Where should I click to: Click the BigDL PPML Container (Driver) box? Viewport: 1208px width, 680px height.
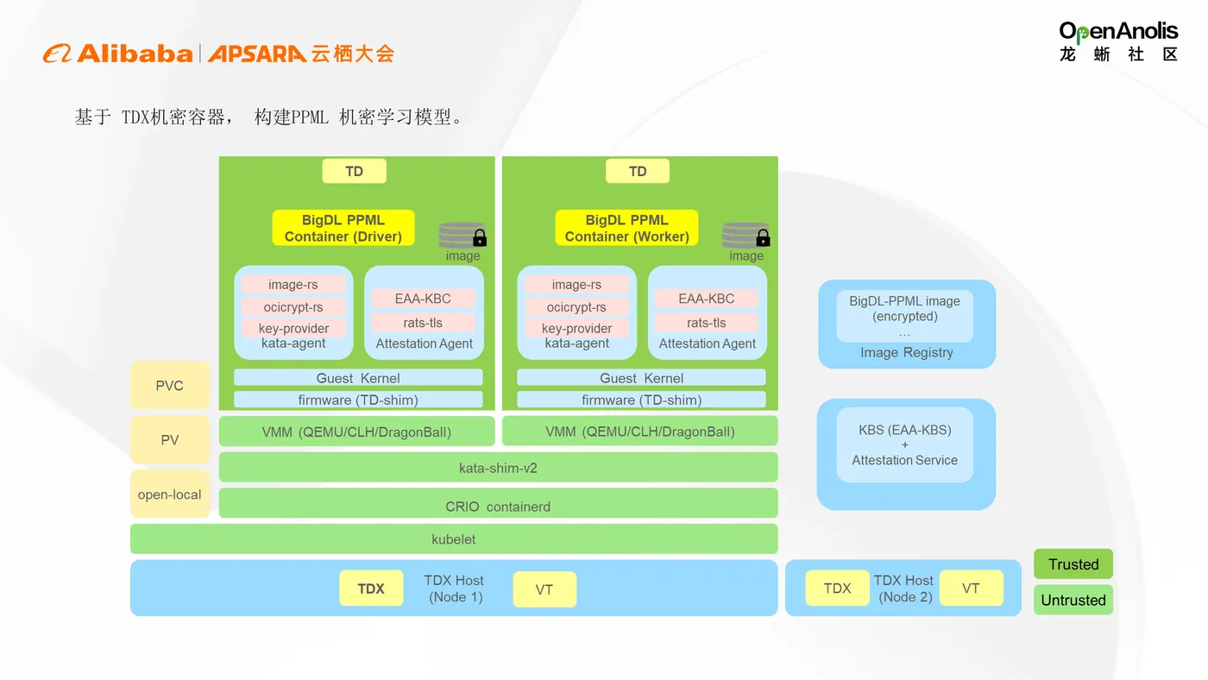[343, 228]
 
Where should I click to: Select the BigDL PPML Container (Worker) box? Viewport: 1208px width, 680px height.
[626, 228]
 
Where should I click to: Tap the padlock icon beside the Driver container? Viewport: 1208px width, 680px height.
[480, 237]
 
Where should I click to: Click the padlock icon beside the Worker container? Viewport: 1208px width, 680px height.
[763, 237]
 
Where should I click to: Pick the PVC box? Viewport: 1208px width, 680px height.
[170, 385]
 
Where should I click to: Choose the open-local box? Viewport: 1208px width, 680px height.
[170, 494]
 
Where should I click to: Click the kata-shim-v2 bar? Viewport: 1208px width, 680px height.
[499, 467]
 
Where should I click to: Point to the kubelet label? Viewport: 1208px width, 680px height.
[454, 539]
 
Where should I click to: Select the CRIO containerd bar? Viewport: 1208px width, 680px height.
[499, 503]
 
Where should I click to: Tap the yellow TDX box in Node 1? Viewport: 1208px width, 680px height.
[371, 589]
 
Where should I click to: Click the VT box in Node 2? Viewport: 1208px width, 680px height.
[972, 588]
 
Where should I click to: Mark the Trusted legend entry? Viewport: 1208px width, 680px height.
[1073, 564]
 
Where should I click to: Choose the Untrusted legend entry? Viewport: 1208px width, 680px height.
[1073, 600]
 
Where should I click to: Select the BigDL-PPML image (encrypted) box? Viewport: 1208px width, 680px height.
[905, 316]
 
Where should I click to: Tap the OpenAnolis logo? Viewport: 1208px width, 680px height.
[1118, 41]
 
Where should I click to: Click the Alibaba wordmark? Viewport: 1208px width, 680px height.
[135, 54]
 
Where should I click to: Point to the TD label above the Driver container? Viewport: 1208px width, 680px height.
[355, 171]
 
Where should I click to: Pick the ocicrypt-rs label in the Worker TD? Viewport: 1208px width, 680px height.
[576, 307]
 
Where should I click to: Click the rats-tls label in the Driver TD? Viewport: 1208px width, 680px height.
[423, 323]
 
